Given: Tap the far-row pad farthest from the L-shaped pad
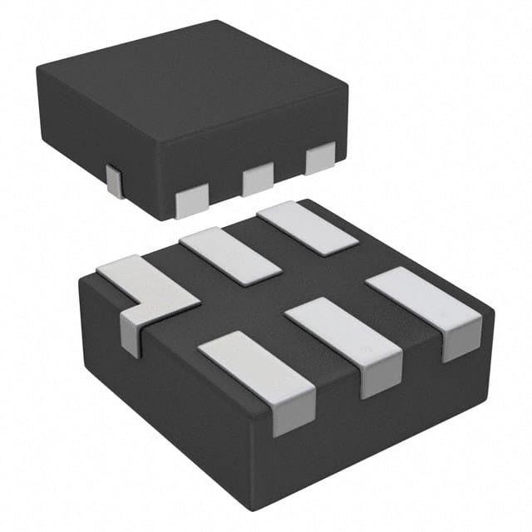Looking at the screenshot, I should tap(307, 227).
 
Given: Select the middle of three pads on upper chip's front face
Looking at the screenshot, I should tap(258, 178).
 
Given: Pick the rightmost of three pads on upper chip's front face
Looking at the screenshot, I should tap(320, 158).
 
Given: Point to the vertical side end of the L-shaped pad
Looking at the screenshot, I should tap(131, 331).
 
